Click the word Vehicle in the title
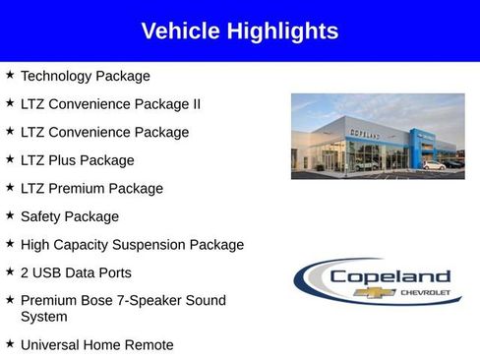(x=178, y=31)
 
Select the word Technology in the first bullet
(x=56, y=76)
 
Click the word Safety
(x=42, y=216)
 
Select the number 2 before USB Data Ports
(x=26, y=272)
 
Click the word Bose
(x=102, y=301)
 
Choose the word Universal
(x=51, y=345)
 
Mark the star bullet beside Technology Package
(x=9, y=75)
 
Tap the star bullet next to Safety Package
(x=9, y=215)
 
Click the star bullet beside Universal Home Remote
(x=9, y=344)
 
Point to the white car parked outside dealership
(x=433, y=165)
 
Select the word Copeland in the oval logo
(x=389, y=276)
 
